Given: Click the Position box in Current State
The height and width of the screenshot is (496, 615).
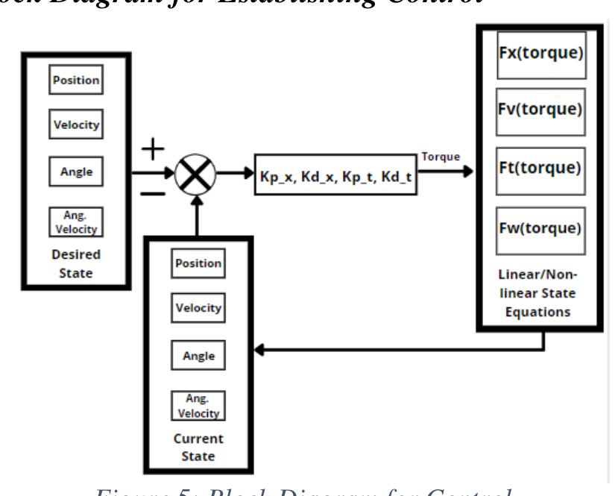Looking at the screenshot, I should (198, 263).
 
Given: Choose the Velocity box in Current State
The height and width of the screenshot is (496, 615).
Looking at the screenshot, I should (198, 307).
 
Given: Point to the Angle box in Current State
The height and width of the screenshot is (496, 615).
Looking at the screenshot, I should (198, 356).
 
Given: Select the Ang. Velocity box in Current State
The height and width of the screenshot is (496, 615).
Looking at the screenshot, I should (198, 406).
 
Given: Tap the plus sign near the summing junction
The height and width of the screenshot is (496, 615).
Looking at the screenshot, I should (153, 148).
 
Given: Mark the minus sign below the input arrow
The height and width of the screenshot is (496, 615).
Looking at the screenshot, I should (153, 194).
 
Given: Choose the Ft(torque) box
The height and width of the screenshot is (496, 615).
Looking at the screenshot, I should (540, 167).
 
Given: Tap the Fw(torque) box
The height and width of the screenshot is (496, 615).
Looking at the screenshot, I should (540, 226).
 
